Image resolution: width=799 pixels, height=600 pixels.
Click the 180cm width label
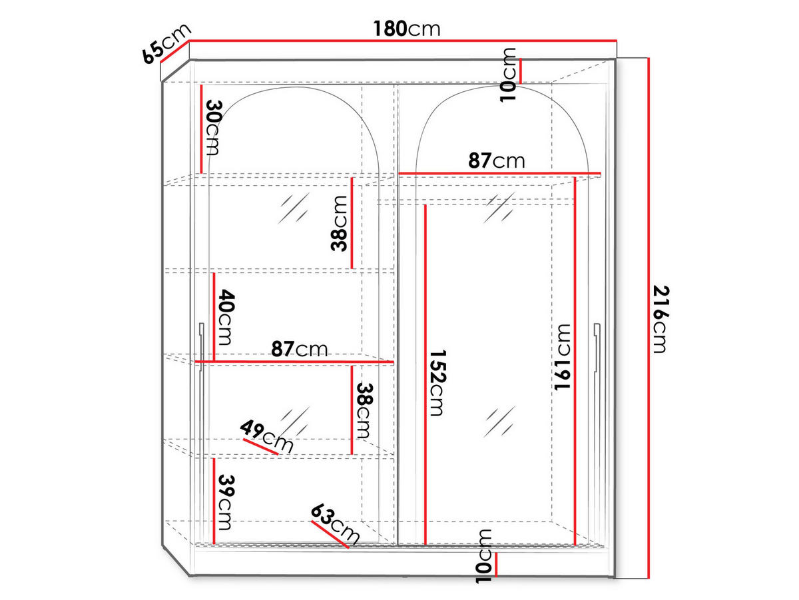click(407, 29)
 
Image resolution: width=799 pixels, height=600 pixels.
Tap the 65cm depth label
click(166, 44)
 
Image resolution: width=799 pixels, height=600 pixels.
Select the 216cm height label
click(661, 319)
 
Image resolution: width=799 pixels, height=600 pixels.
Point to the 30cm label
click(214, 128)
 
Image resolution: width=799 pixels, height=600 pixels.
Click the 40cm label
click(226, 317)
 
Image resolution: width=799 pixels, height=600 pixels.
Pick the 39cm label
click(226, 503)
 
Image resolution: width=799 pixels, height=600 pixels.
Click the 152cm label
click(437, 383)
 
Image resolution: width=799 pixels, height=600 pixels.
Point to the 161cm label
click(563, 357)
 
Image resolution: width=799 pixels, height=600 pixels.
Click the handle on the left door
click(201, 348)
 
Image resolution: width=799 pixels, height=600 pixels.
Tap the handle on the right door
click(597, 348)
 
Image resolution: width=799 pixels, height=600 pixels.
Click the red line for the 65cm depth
click(175, 51)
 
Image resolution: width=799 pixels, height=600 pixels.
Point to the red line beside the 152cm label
click(425, 375)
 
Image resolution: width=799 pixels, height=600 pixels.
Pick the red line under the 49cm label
click(260, 447)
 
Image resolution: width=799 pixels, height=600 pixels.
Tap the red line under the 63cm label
click(330, 534)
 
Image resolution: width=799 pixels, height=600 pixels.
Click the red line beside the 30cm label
click(201, 129)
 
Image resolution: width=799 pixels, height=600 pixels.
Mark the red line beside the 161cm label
click(575, 361)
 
